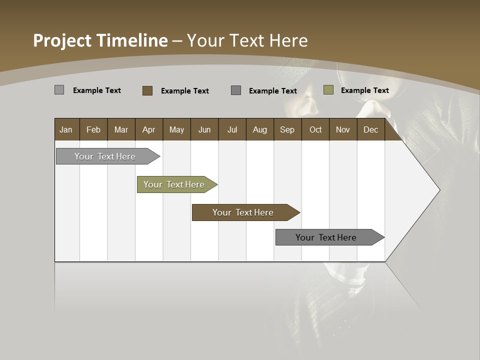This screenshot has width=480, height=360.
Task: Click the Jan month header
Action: click(66, 130)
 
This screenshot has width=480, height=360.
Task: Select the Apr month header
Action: click(148, 130)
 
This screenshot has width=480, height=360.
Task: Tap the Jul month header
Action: click(232, 130)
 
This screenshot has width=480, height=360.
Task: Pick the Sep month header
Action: click(287, 130)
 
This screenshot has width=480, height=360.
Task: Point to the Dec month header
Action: click(370, 130)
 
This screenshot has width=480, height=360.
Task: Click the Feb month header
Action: click(93, 130)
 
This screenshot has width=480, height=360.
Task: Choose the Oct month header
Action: click(315, 130)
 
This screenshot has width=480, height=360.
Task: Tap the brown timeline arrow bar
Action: click(243, 212)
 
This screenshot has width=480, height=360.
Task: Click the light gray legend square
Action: click(59, 90)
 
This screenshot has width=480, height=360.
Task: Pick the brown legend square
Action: click(147, 90)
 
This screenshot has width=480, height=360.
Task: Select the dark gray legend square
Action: click(236, 90)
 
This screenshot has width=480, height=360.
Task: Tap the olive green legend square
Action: click(328, 90)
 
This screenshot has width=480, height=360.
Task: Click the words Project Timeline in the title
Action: click(100, 40)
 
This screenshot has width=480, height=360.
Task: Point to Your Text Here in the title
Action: click(247, 40)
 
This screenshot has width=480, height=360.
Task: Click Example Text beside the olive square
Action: click(364, 90)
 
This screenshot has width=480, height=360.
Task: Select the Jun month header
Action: click(204, 130)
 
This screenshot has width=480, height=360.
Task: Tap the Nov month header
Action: click(342, 130)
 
